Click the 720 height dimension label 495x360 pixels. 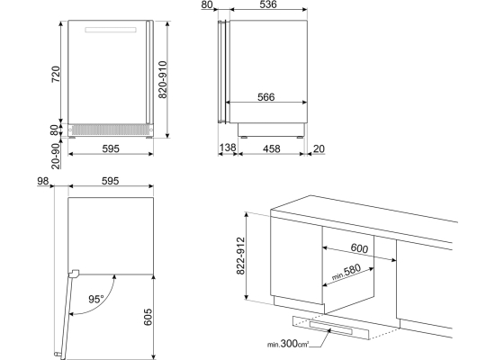coord(56,74)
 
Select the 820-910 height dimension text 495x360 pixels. coord(163,79)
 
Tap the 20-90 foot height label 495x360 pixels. coord(56,157)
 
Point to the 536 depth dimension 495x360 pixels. coord(268,4)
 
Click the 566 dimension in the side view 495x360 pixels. coord(266,97)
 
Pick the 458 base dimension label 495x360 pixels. coord(271,148)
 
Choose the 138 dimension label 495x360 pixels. coord(228,148)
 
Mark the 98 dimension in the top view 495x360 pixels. coord(43,181)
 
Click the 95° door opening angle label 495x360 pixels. coord(96,299)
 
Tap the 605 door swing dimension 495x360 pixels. coord(148,317)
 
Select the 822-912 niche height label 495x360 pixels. coord(240,256)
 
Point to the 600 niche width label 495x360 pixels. coord(359,248)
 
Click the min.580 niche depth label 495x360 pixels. coord(346,272)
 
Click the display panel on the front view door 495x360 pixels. coord(111,30)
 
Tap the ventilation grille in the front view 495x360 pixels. coord(110,130)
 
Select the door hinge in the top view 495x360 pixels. coord(74,274)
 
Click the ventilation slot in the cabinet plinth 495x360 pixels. coord(330,328)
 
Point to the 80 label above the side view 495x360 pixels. coord(207,4)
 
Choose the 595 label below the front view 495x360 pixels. coord(111,148)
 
